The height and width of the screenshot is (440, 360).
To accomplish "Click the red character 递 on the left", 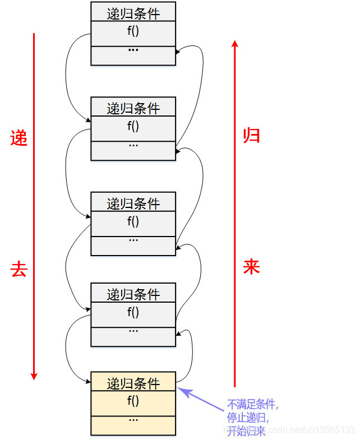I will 19,138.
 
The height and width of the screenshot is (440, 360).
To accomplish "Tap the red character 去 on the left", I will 19,270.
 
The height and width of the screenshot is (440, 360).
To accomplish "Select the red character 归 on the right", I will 251,135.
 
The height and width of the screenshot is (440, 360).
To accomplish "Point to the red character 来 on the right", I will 251,267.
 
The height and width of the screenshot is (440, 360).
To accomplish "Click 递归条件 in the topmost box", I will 133,12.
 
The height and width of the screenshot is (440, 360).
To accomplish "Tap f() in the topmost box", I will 133,31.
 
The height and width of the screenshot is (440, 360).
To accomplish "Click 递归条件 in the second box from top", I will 133,108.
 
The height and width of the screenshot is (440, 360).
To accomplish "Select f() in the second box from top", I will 133,126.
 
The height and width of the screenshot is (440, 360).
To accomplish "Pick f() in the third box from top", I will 133,221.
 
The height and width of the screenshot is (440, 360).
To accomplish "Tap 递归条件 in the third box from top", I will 133,203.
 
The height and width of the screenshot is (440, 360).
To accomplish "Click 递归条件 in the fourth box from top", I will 133,294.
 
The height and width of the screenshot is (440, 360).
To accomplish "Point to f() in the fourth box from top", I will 133,312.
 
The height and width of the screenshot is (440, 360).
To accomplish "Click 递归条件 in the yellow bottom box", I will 133,383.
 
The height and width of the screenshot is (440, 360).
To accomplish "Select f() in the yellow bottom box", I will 133,401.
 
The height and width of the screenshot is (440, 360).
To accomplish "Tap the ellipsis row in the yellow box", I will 133,420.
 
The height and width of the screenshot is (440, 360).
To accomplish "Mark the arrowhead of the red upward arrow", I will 234,43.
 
